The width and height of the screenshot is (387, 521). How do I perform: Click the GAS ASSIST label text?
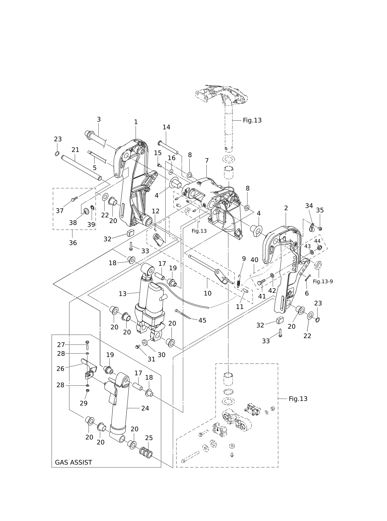(74, 462)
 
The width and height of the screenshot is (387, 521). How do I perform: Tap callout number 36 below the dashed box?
(73, 243)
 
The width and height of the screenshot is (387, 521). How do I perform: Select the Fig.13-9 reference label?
(323, 281)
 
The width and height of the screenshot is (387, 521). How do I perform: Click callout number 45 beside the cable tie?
(202, 320)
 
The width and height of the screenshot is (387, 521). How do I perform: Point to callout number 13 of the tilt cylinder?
(123, 294)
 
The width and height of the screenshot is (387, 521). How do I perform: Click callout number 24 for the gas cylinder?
(145, 408)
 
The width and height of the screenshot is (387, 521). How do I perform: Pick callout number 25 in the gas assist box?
(149, 438)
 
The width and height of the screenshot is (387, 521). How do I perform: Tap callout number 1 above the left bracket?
(136, 122)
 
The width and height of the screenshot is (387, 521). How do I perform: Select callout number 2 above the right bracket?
(286, 208)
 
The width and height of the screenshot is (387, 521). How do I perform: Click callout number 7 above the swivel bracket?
(207, 161)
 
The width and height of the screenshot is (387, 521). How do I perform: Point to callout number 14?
(166, 127)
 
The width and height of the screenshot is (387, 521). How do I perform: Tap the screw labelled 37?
(74, 199)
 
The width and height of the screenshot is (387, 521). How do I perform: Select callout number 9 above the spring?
(244, 259)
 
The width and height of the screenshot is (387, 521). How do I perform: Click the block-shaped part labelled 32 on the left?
(131, 233)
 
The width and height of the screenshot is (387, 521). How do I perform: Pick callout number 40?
(254, 260)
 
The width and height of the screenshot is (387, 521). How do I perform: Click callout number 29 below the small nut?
(83, 403)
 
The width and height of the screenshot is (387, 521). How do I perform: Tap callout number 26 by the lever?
(60, 369)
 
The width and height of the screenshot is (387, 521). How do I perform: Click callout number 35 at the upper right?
(320, 210)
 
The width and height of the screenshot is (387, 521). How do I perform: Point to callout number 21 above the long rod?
(75, 150)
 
